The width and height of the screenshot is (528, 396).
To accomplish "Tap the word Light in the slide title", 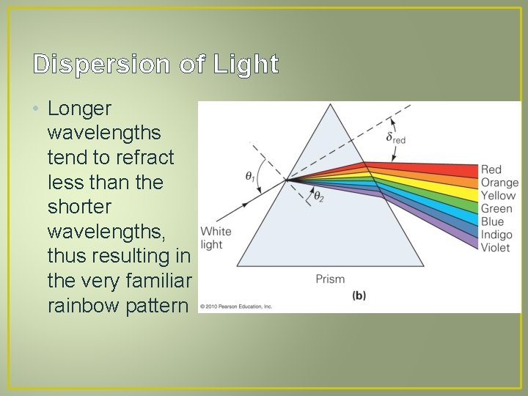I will [246, 65].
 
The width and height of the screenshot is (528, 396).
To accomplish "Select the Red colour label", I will [491, 170].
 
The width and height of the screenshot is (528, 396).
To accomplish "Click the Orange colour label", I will [499, 183].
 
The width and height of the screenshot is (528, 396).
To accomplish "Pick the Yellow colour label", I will [499, 196].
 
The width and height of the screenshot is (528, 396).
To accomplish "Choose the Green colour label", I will [496, 209].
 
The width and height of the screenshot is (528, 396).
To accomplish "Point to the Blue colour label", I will [492, 221].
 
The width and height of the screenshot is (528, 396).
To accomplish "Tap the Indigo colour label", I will [496, 235].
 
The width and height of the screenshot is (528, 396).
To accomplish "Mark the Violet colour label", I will [495, 248].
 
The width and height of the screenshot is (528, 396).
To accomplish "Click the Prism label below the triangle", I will [330, 279].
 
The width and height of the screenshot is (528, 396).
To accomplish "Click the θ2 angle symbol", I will [318, 196].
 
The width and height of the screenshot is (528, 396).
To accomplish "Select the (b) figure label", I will [359, 296].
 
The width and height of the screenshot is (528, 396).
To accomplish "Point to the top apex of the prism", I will [331, 105].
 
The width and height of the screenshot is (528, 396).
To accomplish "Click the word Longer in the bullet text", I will [79, 109].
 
